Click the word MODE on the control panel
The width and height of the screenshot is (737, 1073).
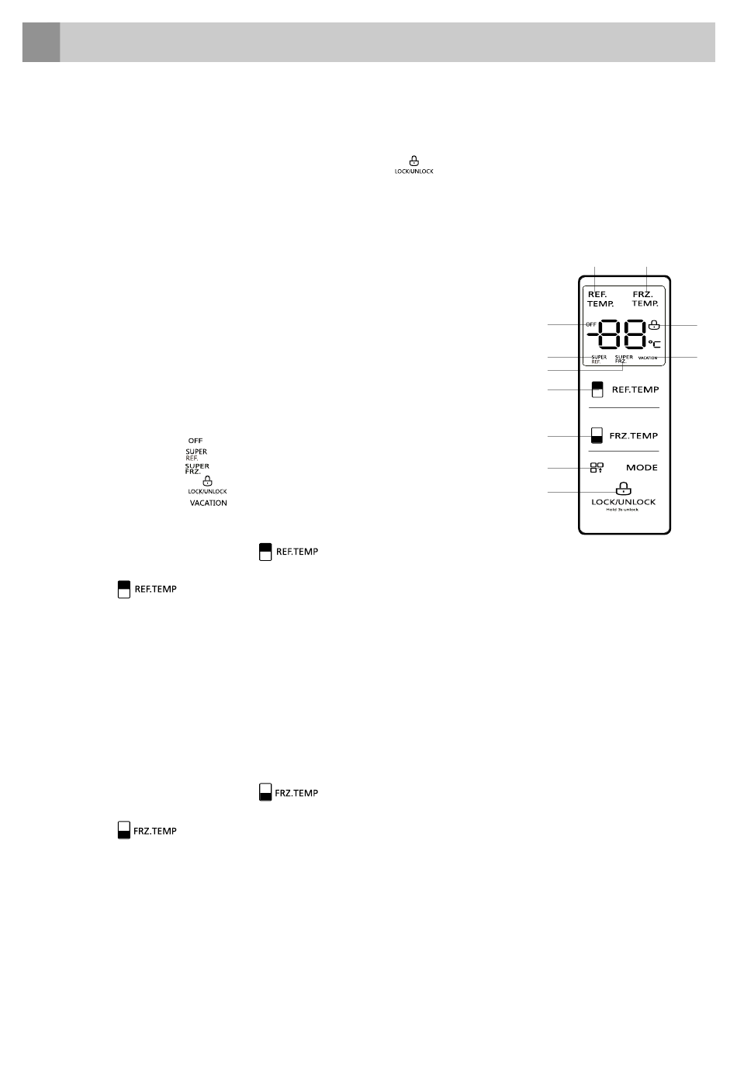pos(642,468)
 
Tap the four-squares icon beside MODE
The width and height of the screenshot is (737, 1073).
pos(597,468)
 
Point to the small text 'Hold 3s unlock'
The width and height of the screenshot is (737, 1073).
pos(622,510)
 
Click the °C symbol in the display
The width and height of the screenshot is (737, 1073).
pos(655,343)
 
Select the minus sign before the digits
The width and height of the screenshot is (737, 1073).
pos(592,335)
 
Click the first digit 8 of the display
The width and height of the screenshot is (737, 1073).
pos(611,335)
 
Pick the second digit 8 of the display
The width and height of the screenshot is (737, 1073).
pos(634,335)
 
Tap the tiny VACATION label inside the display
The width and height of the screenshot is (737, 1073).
pos(648,358)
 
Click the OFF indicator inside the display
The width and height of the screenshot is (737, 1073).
pos(591,324)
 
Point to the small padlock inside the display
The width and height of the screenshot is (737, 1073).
pos(654,325)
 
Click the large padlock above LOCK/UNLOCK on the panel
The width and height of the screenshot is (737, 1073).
pos(623,489)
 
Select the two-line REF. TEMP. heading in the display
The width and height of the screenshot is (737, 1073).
pos(600,299)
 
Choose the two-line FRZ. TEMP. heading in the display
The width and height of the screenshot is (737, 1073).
pos(645,299)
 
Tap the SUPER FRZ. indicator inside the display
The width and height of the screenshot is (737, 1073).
pos(624,359)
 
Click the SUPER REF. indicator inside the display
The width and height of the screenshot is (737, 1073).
pos(599,359)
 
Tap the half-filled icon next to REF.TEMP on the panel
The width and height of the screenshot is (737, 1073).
pos(597,389)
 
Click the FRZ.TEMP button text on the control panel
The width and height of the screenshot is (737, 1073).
pos(633,436)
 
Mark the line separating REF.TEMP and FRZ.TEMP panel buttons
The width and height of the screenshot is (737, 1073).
pos(624,408)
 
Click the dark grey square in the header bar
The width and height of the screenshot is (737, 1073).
pos(41,42)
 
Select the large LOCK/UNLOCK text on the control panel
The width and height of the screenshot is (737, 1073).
pos(624,502)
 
